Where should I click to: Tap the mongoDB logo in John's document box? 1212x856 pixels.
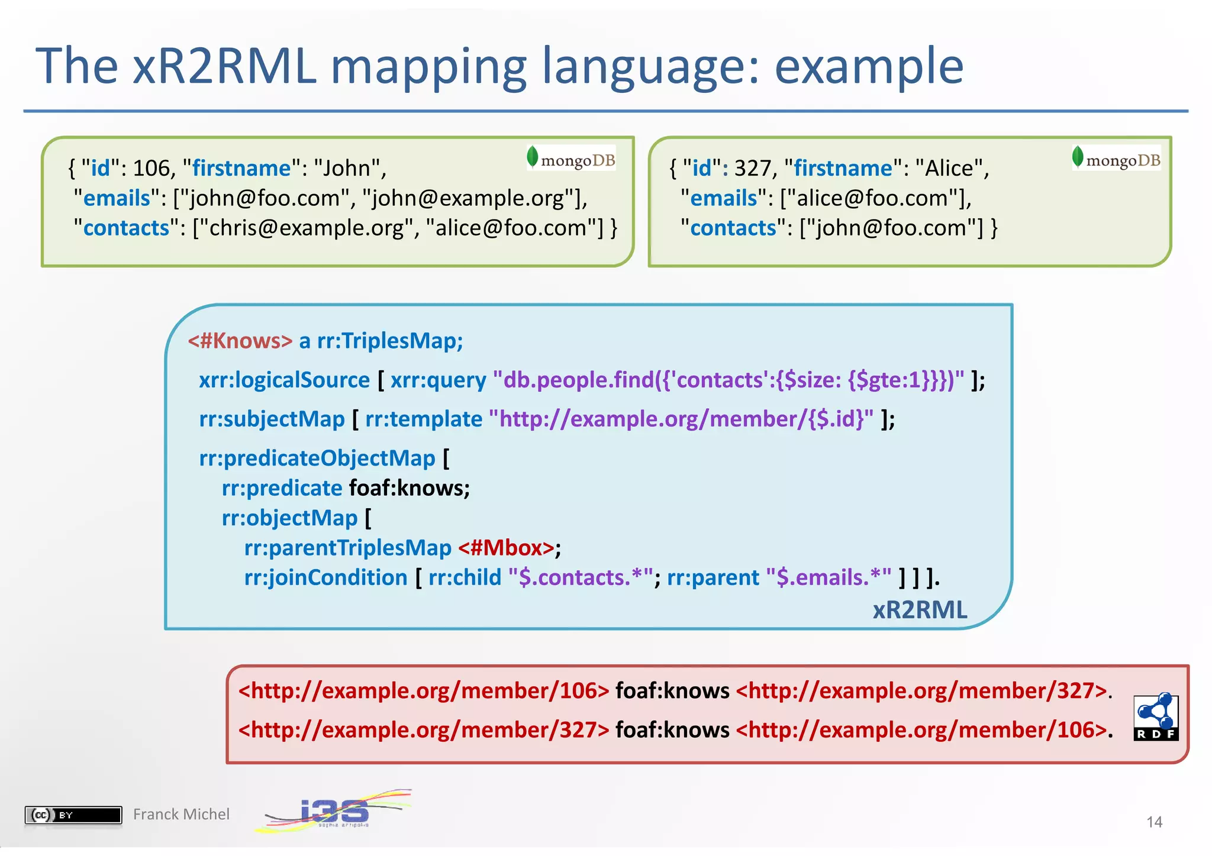pos(571,159)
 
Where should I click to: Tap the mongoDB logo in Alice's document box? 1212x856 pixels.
pos(1116,159)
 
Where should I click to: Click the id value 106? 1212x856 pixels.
pos(151,169)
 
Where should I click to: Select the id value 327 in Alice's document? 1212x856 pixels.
pos(753,169)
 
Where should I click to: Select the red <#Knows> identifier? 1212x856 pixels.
pos(240,341)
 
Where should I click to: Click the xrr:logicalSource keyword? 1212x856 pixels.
pos(284,380)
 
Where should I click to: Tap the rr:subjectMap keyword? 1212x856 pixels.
pos(272,419)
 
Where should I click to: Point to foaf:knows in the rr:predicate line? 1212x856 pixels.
pos(409,489)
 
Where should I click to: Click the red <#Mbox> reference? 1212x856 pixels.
pos(507,548)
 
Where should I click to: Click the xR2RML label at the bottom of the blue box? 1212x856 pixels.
pos(920,610)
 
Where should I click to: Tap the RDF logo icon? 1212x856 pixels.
pos(1156,716)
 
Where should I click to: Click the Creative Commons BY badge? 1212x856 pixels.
pos(73,815)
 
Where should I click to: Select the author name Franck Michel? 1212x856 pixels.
pos(181,815)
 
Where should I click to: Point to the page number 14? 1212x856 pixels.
pos(1154,822)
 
